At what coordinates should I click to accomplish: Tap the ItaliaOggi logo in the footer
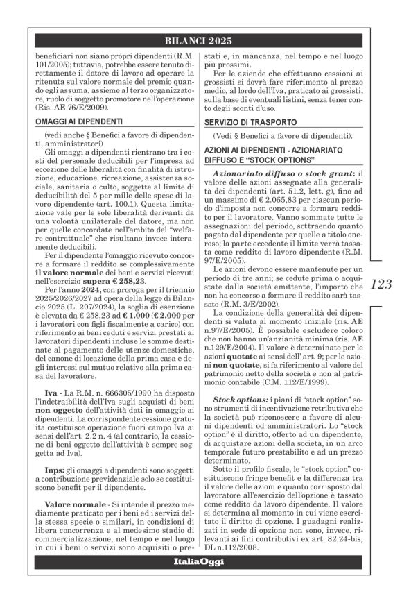point(201,581)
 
